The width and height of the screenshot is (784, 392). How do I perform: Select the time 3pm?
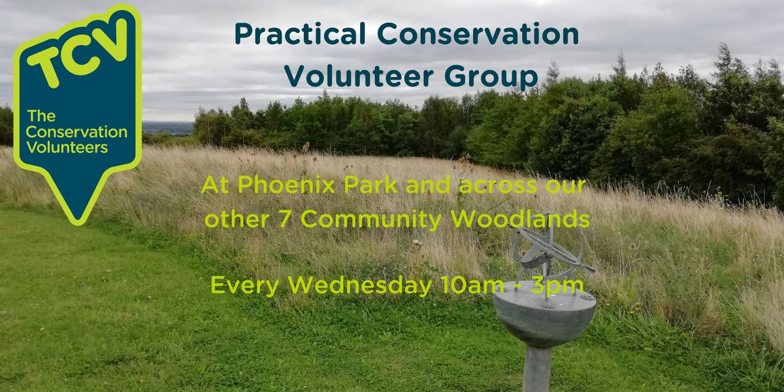pos(563,286)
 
